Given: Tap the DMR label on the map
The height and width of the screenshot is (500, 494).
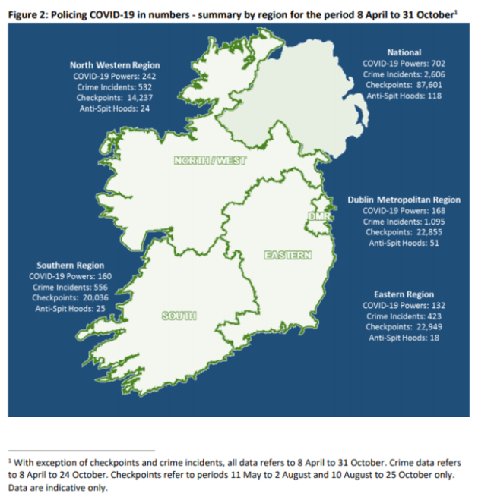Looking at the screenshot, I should coord(316,218).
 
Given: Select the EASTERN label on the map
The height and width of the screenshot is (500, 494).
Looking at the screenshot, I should coord(287,255).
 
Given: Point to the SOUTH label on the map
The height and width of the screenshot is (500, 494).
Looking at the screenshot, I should coord(179,316).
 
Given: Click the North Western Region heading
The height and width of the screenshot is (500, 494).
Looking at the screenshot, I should coord(115,65).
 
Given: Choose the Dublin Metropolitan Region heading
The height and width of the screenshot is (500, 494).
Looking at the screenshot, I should coord(404,200).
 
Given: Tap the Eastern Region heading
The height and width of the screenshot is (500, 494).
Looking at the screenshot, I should coord(404,294).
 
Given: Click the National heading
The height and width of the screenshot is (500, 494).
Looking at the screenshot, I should coord(404,52).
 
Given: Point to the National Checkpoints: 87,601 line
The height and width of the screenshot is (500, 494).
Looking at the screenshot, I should coord(404,85).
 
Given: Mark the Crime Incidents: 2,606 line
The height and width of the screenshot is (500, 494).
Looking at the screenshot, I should coord(404,74).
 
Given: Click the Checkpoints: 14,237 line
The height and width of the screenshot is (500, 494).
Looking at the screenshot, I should coord(115,98).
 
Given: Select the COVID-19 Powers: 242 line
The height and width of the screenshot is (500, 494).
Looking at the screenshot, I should coord(115,77).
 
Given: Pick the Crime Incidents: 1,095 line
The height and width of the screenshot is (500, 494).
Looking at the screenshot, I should coord(404,222).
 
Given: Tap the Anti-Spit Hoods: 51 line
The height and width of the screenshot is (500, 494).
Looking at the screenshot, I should coord(404,243).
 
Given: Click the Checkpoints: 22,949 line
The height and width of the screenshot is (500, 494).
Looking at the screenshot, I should coord(404,327).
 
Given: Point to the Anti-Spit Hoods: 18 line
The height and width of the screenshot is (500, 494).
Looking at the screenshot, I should coord(404,338).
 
